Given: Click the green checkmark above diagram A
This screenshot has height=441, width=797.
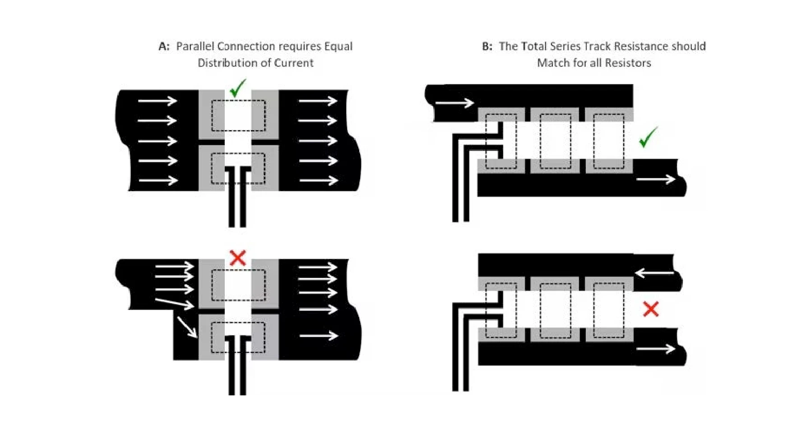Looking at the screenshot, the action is (x=238, y=88).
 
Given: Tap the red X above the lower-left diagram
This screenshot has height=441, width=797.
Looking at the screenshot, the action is (x=238, y=258).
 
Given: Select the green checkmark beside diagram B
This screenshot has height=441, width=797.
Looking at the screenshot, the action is (x=649, y=137).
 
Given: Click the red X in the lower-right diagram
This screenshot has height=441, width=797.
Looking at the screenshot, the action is (x=651, y=309).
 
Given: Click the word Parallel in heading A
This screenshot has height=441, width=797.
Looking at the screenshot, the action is (x=195, y=46).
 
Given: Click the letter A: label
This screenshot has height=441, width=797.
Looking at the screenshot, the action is (x=164, y=46).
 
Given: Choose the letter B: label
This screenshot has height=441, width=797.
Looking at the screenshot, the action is (x=487, y=46).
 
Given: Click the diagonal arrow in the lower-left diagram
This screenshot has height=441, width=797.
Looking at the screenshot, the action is (x=187, y=327).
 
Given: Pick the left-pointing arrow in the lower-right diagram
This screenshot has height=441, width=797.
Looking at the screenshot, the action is (x=654, y=272).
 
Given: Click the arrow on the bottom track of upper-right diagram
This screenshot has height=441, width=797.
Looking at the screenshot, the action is (x=656, y=180).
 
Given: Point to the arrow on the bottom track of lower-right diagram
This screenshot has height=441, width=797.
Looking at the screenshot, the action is (x=656, y=348).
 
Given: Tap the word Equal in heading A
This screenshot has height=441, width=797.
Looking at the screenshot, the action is (x=338, y=46).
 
